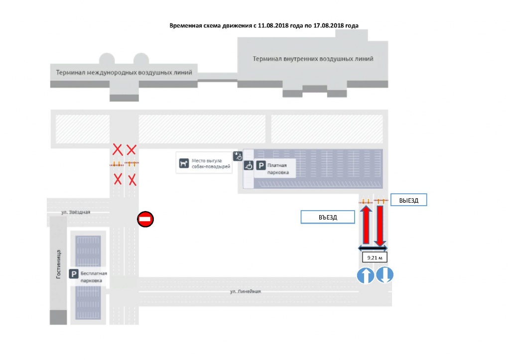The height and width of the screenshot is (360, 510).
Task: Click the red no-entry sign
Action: tap(145, 219)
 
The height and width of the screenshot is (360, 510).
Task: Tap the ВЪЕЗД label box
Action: tap(328, 217)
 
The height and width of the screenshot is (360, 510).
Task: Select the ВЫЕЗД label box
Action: tap(408, 200)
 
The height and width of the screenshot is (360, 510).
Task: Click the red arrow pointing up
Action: tap(366, 225)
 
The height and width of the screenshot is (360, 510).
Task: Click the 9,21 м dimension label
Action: tap(375, 257)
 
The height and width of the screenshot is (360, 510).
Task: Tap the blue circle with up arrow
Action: tap(366, 275)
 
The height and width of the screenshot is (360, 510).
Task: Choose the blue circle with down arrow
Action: tap(385, 275)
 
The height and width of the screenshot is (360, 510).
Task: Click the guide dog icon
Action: tap(184, 163)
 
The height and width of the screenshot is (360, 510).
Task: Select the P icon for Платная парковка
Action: tap(261, 165)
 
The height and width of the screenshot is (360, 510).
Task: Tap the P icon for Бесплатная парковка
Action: tap(74, 274)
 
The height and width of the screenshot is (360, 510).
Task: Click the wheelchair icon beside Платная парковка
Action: tap(249, 165)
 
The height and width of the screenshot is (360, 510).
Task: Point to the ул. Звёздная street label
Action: tap(76, 212)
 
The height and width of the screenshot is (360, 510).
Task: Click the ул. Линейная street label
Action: tap(245, 291)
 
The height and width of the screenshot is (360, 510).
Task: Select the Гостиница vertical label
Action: tap(58, 264)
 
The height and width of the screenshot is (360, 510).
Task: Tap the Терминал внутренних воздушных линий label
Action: tap(313, 59)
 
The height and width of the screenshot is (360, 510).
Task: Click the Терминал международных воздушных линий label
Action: tap(124, 72)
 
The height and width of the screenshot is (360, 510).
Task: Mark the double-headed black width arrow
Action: tap(373, 248)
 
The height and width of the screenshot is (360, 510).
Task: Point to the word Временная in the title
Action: tap(186, 26)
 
